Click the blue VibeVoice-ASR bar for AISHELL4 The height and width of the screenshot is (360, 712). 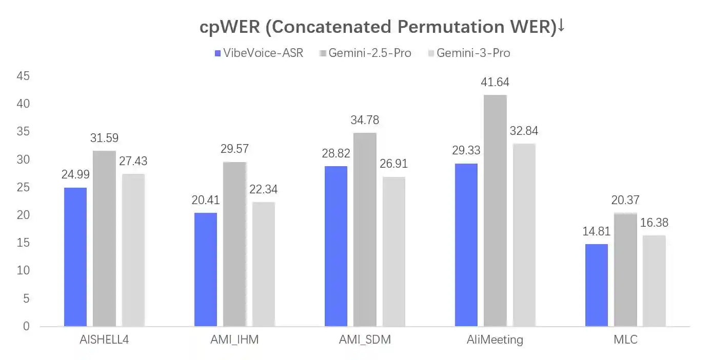75,257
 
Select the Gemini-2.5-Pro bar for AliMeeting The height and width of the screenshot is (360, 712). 495,211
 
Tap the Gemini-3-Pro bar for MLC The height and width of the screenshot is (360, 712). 654,281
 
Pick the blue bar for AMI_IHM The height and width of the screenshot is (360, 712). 206,270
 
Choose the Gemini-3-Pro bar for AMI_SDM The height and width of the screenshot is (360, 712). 393,251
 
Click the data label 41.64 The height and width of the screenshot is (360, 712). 495,82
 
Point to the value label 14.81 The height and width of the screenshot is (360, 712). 597,231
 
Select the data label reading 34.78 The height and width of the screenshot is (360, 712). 365,120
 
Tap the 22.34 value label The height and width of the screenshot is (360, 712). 263,189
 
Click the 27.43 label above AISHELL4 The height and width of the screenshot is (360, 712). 133,161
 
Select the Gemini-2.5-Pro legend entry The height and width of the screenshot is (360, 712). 365,53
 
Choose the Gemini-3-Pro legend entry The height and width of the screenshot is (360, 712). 468,53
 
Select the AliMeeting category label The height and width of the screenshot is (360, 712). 495,339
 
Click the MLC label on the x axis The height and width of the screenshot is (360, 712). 625,339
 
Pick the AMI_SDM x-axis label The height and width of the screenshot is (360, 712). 365,339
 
